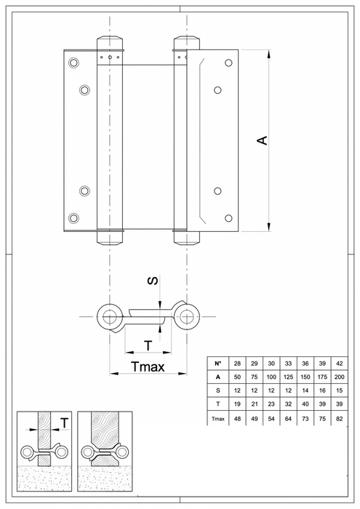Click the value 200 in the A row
pos(340,377)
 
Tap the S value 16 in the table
pos(322,391)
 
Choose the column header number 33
pos(289,362)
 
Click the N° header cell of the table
pos(217,362)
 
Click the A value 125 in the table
pos(289,377)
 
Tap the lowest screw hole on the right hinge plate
pos(228,217)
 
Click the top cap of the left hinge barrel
pos(110,40)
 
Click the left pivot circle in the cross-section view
pos(111,316)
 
